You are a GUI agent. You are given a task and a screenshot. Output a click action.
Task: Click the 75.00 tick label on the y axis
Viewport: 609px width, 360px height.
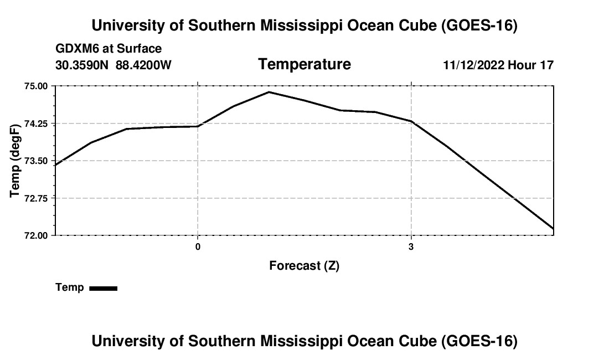36,86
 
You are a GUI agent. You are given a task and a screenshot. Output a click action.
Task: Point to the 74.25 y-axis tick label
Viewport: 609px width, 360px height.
36,124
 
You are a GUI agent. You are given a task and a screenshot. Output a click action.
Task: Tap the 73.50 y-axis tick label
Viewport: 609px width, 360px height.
36,161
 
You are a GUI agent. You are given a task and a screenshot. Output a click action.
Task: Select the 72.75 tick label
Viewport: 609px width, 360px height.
36,198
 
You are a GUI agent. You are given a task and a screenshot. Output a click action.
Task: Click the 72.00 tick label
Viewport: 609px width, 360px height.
36,235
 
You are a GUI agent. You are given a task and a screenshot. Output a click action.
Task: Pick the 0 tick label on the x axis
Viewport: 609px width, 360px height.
198,246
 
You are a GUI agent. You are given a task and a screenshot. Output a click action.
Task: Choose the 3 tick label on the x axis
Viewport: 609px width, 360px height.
411,246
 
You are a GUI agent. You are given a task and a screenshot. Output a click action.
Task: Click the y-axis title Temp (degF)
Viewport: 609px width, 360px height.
15,161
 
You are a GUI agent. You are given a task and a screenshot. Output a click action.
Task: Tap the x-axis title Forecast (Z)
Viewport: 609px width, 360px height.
304,266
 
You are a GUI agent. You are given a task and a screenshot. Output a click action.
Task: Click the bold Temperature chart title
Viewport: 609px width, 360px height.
304,64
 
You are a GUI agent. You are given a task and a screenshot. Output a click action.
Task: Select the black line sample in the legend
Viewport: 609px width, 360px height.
104,288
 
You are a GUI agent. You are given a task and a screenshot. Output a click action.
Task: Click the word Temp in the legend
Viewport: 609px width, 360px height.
70,287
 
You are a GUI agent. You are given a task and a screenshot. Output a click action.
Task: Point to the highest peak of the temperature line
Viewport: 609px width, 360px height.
269,92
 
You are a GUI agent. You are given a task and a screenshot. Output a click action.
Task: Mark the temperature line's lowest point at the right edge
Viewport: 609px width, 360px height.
553,229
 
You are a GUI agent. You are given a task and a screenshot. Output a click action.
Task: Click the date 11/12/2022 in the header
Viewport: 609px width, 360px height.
474,65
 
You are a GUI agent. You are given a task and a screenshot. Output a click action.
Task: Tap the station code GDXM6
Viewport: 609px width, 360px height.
76,49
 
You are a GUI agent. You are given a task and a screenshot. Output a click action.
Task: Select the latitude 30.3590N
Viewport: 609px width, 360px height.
82,65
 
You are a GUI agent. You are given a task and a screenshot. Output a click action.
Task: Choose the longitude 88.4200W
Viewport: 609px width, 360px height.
143,65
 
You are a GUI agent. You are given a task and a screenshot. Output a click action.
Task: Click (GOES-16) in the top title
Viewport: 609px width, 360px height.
479,25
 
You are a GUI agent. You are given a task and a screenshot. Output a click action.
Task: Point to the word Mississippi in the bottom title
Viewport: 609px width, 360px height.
301,341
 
